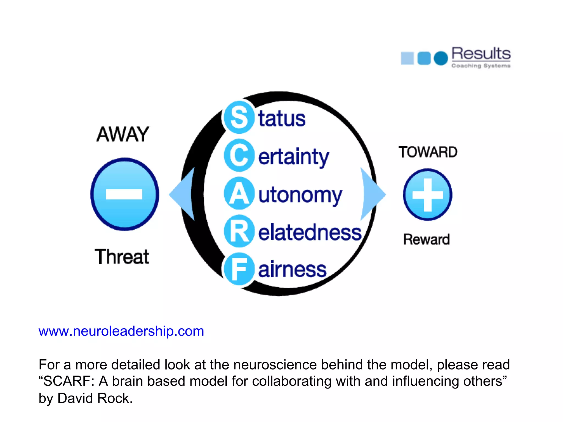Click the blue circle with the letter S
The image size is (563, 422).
coord(238,117)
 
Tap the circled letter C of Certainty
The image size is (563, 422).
coord(238,156)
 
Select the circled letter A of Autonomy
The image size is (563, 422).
coord(238,193)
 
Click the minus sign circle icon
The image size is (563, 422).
coord(125,194)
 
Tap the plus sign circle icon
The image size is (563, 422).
coord(427,195)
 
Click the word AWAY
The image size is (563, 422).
coord(123,134)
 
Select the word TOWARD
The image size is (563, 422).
coord(428,152)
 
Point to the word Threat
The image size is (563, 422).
coord(122,257)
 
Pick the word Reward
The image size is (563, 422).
coord(426,239)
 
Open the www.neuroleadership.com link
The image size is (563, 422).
coord(121,331)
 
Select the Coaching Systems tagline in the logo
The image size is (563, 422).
coord(481,66)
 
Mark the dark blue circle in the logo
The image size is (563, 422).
coord(441,58)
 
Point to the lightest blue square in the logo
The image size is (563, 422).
coord(407,58)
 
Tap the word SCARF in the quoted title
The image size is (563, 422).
coord(67,381)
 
